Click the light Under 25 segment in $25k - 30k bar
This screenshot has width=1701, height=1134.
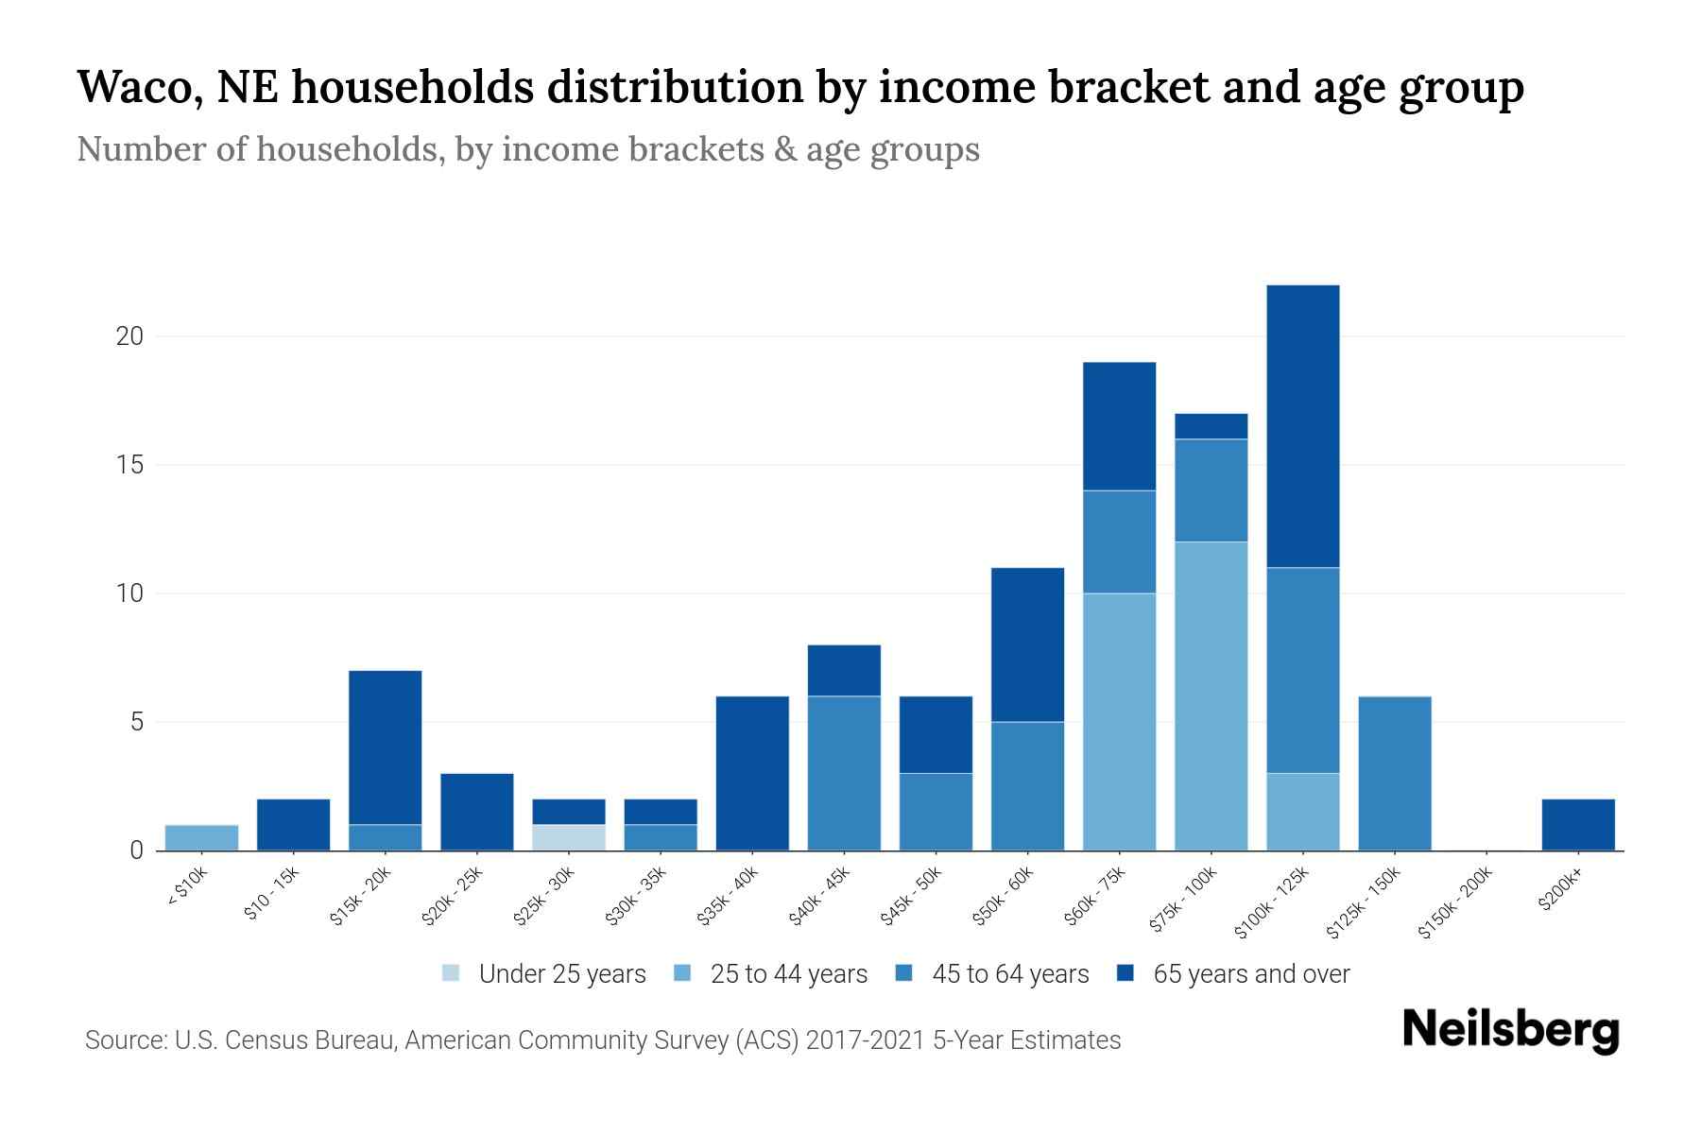point(569,837)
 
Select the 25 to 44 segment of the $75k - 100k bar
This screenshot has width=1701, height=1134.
point(1211,696)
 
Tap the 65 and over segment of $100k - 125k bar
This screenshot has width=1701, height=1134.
point(1302,426)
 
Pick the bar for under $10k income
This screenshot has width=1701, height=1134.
point(201,837)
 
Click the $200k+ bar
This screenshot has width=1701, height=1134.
point(1577,825)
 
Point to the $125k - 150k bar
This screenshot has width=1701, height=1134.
point(1394,773)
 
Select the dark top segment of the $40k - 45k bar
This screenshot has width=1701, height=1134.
point(844,670)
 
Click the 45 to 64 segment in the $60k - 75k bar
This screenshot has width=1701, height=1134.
point(1119,541)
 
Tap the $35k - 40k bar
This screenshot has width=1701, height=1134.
point(752,773)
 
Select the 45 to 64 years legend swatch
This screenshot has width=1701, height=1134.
point(904,973)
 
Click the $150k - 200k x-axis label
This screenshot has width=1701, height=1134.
point(1455,902)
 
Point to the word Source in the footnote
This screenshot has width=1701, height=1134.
point(124,1040)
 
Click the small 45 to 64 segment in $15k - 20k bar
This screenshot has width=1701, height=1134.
point(385,837)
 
